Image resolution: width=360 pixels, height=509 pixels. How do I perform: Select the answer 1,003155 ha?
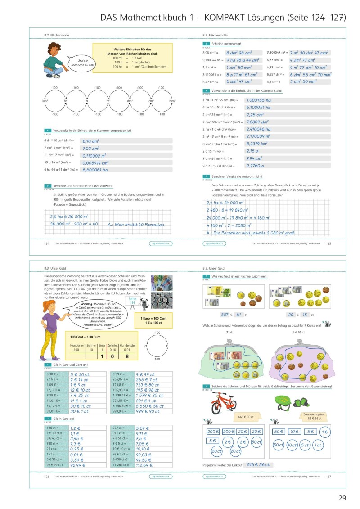point(259,100)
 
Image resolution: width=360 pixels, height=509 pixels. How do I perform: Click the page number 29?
point(342,498)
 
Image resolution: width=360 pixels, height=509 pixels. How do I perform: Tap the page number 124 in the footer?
point(46,243)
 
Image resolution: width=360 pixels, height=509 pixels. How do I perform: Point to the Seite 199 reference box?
point(132,301)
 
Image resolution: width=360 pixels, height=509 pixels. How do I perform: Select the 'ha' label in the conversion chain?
point(66,101)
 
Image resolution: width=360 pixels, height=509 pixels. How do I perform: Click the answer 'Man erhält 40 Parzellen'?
point(137,224)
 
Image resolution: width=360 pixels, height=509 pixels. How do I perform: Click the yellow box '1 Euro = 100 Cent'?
point(154,320)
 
